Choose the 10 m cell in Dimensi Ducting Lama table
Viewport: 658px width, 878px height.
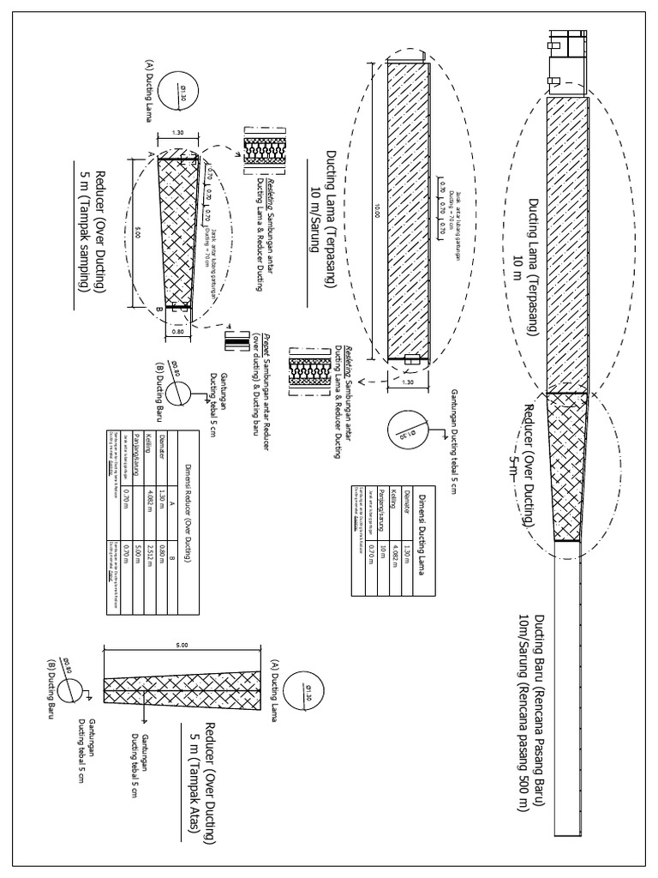pyautogui.click(x=383, y=551)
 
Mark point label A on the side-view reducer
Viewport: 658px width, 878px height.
pyautogui.click(x=151, y=153)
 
